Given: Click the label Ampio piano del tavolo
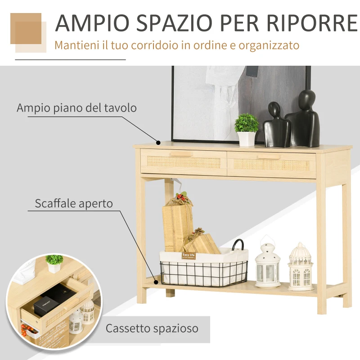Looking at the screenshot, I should [x=76, y=108].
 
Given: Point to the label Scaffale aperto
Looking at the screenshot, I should [x=74, y=203].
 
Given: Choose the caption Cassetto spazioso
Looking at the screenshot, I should [x=152, y=328].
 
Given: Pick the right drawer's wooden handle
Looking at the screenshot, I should [x=269, y=157].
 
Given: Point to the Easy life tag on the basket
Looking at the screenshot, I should [x=189, y=256].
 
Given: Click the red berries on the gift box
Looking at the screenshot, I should [x=181, y=197].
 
